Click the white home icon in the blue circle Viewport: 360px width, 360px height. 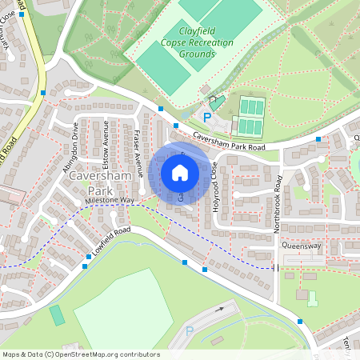point(180,173)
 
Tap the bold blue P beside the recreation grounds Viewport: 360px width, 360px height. point(206,118)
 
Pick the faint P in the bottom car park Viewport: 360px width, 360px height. point(190,331)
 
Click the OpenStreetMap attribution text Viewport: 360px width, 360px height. point(80,354)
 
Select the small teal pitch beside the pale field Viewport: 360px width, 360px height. point(58,314)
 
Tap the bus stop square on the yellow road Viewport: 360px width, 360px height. point(42,94)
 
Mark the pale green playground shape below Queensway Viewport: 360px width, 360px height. point(312,298)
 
